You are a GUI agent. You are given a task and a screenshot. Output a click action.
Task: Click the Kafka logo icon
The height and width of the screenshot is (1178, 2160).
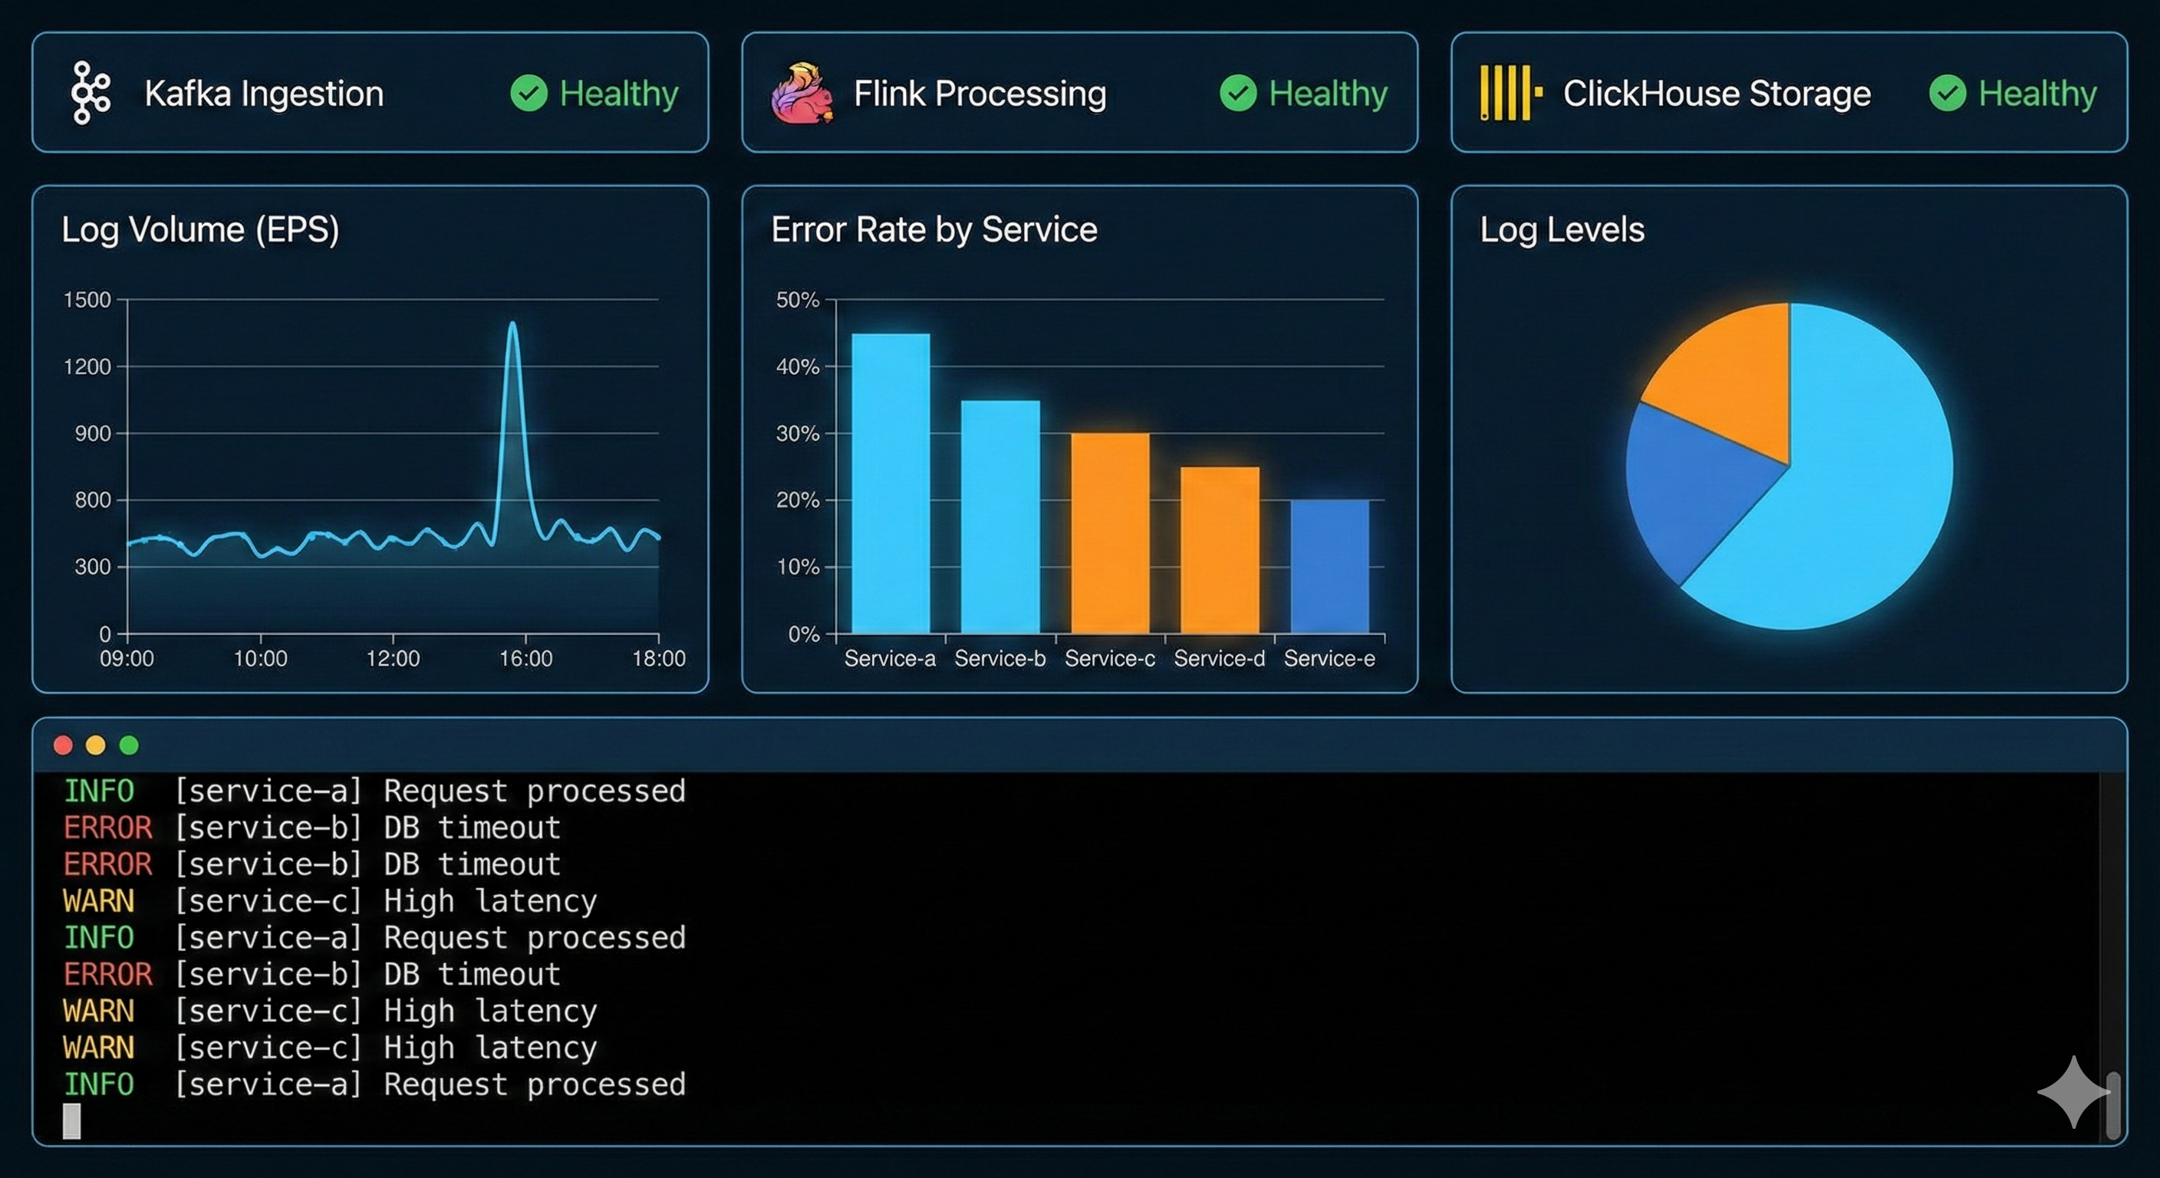[x=91, y=93]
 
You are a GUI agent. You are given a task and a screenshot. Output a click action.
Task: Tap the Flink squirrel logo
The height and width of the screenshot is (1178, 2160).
[x=802, y=93]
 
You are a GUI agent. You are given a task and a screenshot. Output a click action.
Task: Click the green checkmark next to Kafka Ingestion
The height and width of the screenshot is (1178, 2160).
[x=528, y=93]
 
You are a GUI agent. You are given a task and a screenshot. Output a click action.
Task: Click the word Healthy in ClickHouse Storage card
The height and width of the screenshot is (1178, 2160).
[x=2037, y=93]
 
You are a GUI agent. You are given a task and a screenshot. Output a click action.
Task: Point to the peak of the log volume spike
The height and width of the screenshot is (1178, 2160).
[x=512, y=324]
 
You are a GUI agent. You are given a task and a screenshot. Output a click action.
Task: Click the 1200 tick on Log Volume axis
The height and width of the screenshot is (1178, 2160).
[x=87, y=367]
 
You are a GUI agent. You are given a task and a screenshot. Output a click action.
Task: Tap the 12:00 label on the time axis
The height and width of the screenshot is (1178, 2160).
[x=393, y=659]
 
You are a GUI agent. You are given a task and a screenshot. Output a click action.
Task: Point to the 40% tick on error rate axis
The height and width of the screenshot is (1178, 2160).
[x=798, y=367]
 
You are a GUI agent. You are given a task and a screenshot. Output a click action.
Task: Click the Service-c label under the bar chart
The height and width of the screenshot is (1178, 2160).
[x=1109, y=659]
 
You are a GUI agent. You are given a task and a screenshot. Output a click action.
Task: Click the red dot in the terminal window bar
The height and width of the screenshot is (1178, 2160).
[x=63, y=745]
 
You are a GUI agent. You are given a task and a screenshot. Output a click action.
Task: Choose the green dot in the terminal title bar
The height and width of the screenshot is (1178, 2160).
[x=128, y=745]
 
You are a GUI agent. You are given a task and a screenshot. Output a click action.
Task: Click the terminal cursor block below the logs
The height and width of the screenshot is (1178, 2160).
[x=72, y=1121]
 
